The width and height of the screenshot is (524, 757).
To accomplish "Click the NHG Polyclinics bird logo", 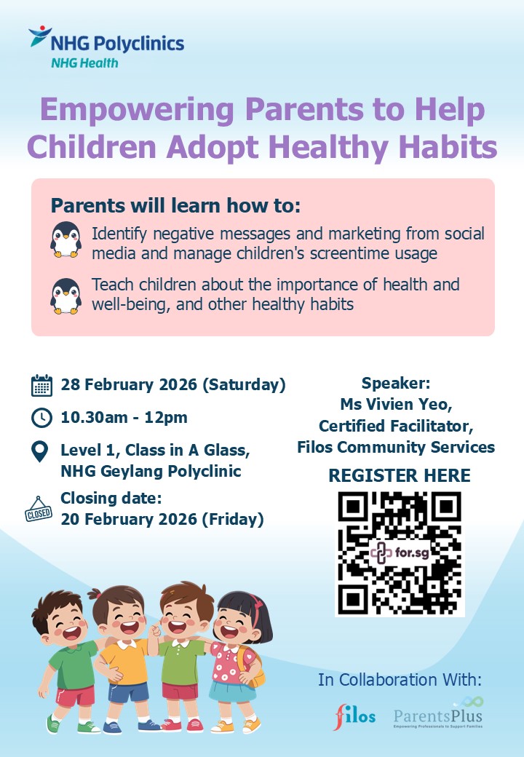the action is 40,36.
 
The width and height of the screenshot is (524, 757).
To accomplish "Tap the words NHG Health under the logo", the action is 84,63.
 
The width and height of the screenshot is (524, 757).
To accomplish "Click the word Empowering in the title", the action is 137,111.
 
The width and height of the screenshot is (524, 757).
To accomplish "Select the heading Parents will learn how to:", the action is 175,206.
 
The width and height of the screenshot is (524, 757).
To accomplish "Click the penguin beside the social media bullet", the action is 65,239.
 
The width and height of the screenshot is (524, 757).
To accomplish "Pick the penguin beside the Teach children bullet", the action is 65,296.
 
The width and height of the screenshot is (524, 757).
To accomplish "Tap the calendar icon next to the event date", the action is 41,385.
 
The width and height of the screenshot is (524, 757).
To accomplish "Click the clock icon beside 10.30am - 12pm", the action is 41,418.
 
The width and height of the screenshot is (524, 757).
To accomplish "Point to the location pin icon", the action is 39,452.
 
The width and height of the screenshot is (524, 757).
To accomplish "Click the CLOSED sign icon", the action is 39,510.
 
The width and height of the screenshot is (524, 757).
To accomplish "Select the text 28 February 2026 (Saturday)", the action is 173,385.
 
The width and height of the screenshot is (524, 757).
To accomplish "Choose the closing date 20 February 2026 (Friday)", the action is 162,519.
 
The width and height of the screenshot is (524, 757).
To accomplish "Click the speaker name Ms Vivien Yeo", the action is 396,404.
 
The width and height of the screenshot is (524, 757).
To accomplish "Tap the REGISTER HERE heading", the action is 400,475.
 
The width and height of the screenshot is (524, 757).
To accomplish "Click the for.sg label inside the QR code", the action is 412,552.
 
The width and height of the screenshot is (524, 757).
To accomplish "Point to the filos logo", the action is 354,716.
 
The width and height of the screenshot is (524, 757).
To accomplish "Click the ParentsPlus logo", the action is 438,713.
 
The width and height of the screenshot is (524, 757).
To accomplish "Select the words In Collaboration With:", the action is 400,680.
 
